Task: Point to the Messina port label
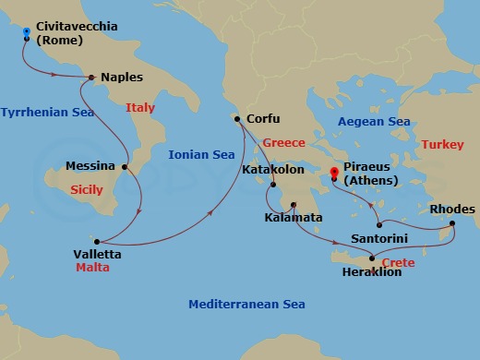[90, 167]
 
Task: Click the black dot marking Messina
[124, 167]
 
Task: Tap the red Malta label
[92, 267]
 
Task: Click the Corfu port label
[262, 118]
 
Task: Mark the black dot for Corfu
[238, 118]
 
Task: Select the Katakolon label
[272, 170]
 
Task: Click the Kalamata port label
[293, 217]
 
